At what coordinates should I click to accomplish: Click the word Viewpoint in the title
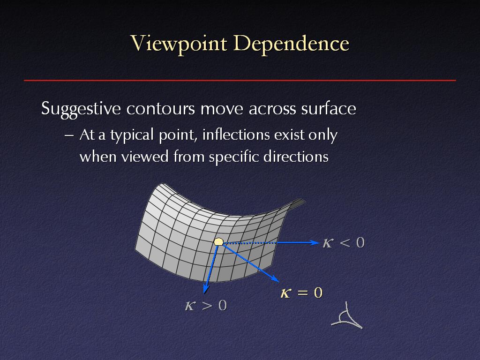click(179, 44)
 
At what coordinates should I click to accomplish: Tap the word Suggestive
click(81, 109)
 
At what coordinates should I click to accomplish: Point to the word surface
click(329, 108)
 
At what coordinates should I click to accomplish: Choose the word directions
click(296, 157)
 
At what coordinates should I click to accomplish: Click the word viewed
click(145, 157)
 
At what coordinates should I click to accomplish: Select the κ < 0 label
click(344, 243)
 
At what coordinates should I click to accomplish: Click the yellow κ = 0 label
click(301, 292)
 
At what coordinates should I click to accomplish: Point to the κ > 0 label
click(206, 305)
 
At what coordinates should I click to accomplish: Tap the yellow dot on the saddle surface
click(218, 242)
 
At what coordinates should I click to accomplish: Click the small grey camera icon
click(347, 317)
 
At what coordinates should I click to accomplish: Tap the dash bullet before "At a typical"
click(69, 135)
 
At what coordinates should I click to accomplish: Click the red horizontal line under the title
click(240, 81)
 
